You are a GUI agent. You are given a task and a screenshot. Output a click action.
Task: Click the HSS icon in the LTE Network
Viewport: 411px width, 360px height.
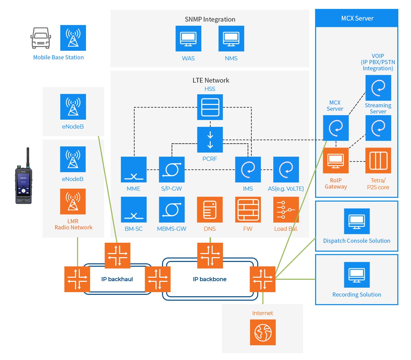210,107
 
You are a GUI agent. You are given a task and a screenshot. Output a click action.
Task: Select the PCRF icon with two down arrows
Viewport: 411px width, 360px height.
210,140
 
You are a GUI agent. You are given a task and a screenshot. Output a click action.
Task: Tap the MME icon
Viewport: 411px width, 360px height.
134,170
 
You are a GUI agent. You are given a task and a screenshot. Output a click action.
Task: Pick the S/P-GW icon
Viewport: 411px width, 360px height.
172,170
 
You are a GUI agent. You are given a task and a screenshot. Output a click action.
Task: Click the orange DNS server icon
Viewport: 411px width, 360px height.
210,209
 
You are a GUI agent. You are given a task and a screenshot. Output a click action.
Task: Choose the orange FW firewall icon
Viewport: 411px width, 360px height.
248,209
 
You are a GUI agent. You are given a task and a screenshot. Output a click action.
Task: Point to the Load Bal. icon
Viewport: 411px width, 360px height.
286,209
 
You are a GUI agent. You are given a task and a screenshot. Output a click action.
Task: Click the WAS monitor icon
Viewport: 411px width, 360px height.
188,38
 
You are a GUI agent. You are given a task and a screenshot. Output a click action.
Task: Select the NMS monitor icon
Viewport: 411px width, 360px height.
231,38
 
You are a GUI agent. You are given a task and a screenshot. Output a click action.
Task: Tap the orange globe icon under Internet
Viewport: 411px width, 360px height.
263,332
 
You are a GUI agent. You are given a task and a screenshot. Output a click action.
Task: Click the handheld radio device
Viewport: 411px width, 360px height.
23,178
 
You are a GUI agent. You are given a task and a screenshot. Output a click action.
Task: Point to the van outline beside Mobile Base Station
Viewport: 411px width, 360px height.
41,38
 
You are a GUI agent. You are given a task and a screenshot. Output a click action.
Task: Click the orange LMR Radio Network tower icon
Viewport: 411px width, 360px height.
73,202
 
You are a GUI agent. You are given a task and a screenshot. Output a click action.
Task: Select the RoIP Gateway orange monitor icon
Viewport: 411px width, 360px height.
336,160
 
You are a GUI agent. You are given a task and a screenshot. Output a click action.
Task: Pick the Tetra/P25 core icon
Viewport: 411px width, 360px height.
378,160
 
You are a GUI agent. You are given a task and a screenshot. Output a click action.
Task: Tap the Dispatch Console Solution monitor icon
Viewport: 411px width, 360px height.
357,221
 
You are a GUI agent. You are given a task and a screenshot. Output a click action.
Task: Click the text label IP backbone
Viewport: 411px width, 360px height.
210,279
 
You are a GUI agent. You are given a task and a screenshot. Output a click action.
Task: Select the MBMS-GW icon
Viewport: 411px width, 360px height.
172,209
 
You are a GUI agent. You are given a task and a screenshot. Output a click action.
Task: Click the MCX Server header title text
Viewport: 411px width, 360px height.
357,19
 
